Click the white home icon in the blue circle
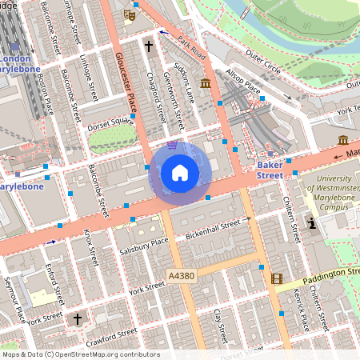(179, 173)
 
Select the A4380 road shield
(181, 276)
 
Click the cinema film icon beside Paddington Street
(277, 278)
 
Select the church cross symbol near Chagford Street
(149, 46)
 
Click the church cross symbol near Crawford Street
(78, 319)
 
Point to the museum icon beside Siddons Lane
(206, 83)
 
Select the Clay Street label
(222, 326)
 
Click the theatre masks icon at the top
(128, 14)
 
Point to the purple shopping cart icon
(172, 145)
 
